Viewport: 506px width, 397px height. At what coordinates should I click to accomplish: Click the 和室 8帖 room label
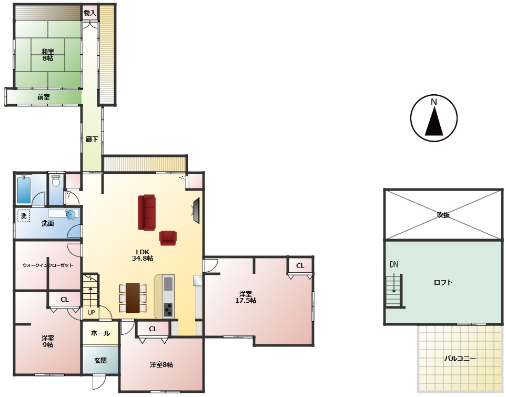[x=48, y=55]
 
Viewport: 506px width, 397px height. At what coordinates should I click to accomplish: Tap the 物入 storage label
[x=90, y=13]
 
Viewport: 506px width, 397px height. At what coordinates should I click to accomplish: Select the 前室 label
[x=44, y=97]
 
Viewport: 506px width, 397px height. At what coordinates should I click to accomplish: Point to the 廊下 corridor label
[x=92, y=140]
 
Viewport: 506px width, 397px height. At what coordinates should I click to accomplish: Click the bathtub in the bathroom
[x=24, y=190]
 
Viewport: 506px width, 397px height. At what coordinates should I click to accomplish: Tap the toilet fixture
[x=56, y=181]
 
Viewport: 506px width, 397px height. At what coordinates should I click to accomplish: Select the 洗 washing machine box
[x=24, y=216]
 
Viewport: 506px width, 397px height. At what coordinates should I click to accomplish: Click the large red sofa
[x=147, y=213]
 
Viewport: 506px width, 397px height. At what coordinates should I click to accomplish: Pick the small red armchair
[x=168, y=239]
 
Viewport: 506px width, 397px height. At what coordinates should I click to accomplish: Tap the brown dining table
[x=133, y=298]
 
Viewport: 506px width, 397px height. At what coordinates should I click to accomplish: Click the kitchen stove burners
[x=168, y=310]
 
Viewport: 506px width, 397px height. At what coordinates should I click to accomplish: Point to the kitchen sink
[x=168, y=284]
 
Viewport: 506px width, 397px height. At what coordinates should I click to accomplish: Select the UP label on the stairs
[x=92, y=313]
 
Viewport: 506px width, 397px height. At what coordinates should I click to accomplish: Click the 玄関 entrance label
[x=100, y=361]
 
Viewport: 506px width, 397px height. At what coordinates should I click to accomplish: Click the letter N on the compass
[x=434, y=102]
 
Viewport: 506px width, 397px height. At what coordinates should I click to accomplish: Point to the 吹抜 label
[x=443, y=215]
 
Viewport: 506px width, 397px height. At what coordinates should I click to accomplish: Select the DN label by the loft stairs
[x=393, y=265]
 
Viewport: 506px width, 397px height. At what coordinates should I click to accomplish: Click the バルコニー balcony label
[x=460, y=359]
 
